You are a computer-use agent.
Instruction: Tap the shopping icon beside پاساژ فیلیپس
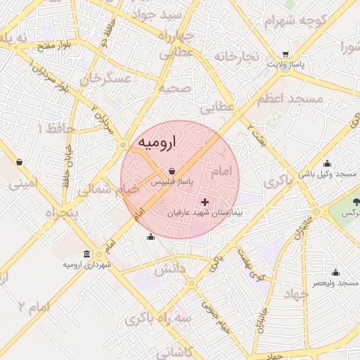(172, 170)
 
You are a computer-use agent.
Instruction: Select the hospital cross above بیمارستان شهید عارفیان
(205, 202)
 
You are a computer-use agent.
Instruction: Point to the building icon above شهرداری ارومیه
(86, 254)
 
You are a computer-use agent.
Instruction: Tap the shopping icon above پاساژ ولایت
(285, 54)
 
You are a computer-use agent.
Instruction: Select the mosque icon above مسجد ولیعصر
(335, 272)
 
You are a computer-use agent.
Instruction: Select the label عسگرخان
(106, 79)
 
